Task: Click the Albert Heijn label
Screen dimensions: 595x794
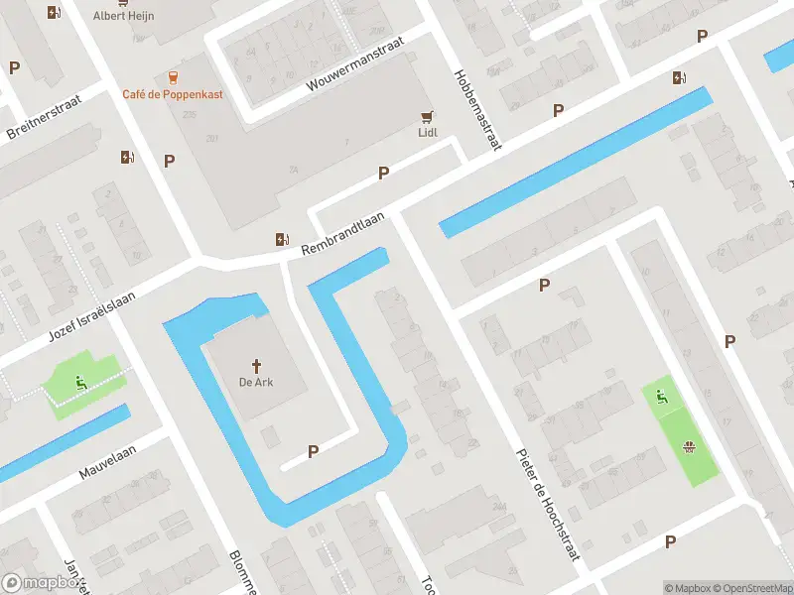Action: (x=123, y=16)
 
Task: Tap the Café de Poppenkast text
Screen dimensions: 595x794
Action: (x=173, y=94)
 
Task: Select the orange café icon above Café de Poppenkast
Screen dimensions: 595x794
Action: (x=174, y=75)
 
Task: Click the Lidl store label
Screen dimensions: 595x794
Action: (x=428, y=132)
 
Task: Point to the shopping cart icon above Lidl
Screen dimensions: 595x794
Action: (x=428, y=114)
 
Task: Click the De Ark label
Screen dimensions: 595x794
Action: (x=256, y=383)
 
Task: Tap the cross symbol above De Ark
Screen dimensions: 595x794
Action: (x=256, y=365)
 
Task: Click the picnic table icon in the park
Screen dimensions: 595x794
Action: (x=688, y=447)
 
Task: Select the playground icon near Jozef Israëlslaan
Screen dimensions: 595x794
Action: (x=80, y=379)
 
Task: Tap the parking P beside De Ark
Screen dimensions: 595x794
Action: (x=314, y=451)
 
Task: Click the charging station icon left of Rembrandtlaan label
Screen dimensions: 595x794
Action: (x=283, y=239)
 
